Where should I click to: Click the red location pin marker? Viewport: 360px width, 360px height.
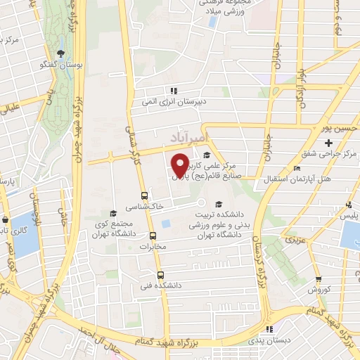[x=180, y=165]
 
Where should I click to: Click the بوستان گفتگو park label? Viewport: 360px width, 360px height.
[x=60, y=64]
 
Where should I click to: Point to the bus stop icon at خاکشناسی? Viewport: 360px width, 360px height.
[x=144, y=195]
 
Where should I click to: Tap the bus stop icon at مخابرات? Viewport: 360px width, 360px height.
[x=153, y=236]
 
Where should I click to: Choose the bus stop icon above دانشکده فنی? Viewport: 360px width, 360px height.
[x=160, y=275]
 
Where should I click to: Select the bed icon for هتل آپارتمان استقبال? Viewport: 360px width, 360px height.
[x=297, y=169]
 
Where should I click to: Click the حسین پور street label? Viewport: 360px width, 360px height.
[x=333, y=129]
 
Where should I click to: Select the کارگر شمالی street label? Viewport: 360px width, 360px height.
[x=129, y=141]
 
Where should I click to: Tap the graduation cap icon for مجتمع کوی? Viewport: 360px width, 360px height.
[x=112, y=213]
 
